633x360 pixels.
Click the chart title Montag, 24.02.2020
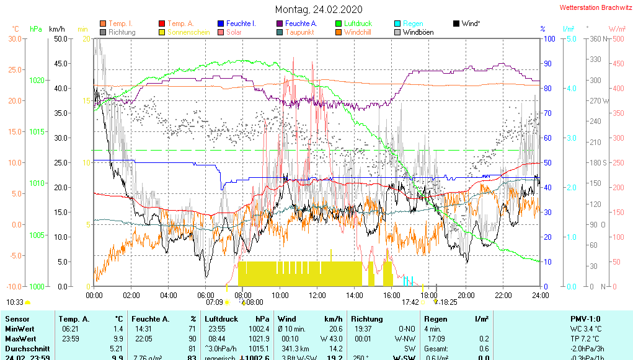tap(317, 9)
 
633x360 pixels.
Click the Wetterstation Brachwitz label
tap(595, 7)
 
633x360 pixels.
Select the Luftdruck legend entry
tap(358, 24)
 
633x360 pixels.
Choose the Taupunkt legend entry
tap(299, 32)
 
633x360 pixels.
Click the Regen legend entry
tap(413, 24)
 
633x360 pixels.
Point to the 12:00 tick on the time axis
tap(317, 295)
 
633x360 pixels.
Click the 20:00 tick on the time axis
tap(466, 295)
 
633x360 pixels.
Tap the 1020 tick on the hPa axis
tap(37, 80)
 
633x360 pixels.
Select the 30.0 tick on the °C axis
tap(14, 38)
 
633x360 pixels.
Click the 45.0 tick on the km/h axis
tap(60, 63)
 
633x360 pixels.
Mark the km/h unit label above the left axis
tap(56, 29)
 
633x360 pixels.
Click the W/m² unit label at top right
tap(616, 29)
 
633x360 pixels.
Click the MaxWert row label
tap(20, 339)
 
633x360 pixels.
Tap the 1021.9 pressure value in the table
tap(258, 339)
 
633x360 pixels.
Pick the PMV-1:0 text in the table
tap(585, 318)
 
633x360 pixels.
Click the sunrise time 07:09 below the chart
tap(214, 302)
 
